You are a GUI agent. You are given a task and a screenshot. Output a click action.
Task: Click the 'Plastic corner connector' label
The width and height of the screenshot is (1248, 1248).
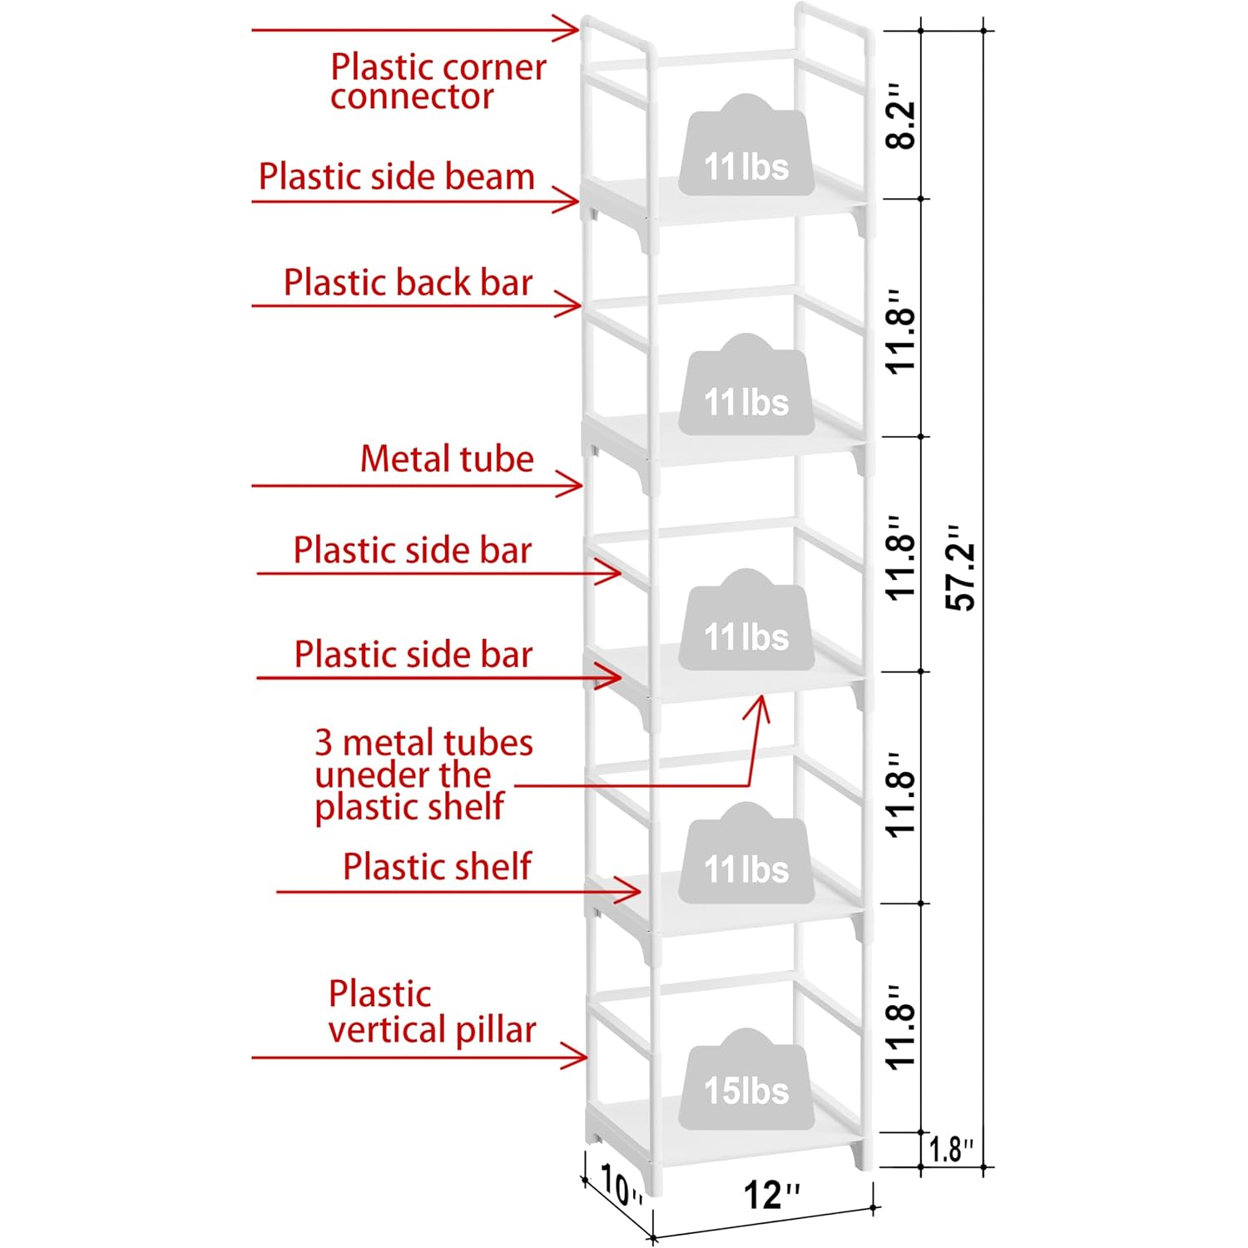pyautogui.click(x=438, y=82)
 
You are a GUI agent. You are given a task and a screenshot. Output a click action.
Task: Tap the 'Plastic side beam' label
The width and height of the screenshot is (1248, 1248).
pyautogui.click(x=396, y=176)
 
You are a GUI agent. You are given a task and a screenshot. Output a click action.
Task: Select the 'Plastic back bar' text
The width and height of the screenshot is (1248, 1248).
pyautogui.click(x=408, y=282)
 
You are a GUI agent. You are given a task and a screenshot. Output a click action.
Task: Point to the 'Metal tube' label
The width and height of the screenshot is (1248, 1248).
pyautogui.click(x=447, y=458)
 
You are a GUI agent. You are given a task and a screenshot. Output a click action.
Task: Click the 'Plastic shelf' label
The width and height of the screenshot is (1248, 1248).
pyautogui.click(x=437, y=866)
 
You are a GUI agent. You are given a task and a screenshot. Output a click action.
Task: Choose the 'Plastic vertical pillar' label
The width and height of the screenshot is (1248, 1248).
pyautogui.click(x=432, y=1012)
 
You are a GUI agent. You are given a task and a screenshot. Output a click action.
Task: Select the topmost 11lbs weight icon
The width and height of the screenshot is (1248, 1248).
pyautogui.click(x=746, y=145)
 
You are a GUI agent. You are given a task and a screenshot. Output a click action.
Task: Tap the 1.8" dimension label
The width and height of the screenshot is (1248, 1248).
pyautogui.click(x=950, y=1150)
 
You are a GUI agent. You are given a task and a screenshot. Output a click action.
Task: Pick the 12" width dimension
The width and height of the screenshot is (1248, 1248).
pyautogui.click(x=771, y=1195)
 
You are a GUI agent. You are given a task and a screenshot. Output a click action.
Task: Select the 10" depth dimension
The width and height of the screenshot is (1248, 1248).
pyautogui.click(x=621, y=1185)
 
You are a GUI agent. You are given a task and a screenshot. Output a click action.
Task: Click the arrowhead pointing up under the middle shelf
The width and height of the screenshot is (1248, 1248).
pyautogui.click(x=759, y=708)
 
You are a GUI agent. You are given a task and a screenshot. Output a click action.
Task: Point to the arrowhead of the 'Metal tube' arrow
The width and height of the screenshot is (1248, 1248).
pyautogui.click(x=572, y=484)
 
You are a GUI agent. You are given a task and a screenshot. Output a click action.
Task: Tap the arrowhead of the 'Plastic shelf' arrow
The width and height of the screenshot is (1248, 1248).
pyautogui.click(x=629, y=891)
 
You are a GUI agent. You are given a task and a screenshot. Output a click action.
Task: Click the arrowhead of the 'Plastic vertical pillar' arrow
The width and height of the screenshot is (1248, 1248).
pyautogui.click(x=577, y=1057)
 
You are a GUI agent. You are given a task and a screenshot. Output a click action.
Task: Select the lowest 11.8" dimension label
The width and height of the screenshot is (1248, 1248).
pyautogui.click(x=900, y=1028)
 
